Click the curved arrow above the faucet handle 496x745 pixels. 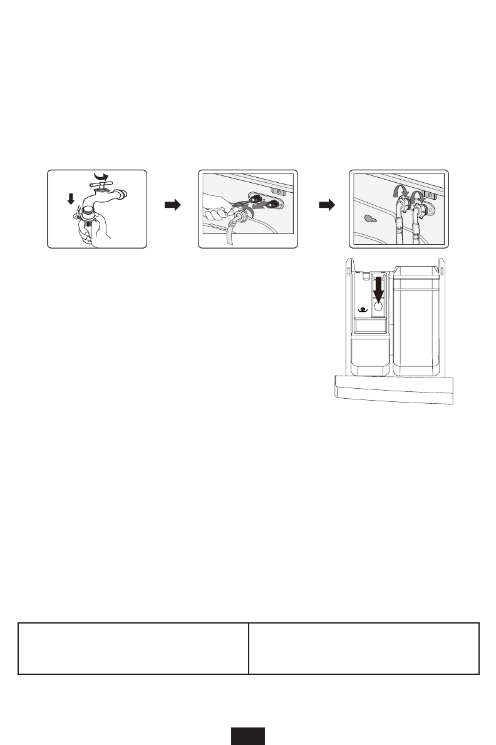pyautogui.click(x=100, y=176)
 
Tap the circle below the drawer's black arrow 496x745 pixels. pyautogui.click(x=378, y=308)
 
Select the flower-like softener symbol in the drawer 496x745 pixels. pyautogui.click(x=361, y=309)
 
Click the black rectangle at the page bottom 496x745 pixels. pyautogui.click(x=248, y=736)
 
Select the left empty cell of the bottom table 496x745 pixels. pyautogui.click(x=133, y=648)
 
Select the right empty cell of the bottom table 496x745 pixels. pyautogui.click(x=364, y=648)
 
